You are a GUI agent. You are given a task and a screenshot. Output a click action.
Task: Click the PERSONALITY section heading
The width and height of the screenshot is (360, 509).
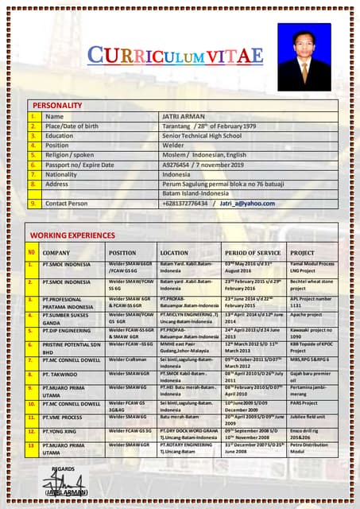tap(56, 105)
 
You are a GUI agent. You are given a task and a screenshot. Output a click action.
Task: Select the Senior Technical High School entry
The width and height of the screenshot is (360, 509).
tap(201, 136)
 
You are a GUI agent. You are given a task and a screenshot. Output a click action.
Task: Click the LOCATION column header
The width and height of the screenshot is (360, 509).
tap(174, 252)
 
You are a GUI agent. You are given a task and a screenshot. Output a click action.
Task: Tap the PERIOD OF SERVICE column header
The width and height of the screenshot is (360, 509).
tap(252, 252)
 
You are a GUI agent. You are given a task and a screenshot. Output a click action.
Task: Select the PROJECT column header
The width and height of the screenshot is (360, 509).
tap(302, 252)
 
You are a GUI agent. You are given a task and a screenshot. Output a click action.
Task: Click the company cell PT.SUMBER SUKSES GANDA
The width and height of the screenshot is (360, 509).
tap(67, 319)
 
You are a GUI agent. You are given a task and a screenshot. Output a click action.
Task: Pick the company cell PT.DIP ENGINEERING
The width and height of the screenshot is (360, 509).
tap(67, 330)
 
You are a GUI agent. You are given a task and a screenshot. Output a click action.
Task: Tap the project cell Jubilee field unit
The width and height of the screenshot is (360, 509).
tap(310, 417)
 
